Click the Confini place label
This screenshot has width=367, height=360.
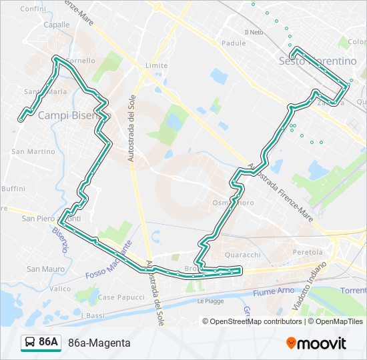(x=33, y=9)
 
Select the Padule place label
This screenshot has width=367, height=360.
(x=234, y=43)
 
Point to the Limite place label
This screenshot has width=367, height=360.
(x=156, y=65)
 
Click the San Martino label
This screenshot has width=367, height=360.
(x=33, y=151)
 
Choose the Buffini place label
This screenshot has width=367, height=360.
(x=13, y=189)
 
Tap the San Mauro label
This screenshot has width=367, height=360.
(x=45, y=269)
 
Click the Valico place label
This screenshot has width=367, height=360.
(x=60, y=289)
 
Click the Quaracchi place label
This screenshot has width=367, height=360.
(x=242, y=254)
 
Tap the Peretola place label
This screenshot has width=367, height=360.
(x=308, y=253)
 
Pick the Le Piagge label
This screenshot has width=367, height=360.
(x=210, y=301)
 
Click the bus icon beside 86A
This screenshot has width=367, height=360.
(x=30, y=343)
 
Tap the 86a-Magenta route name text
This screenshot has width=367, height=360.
(x=99, y=343)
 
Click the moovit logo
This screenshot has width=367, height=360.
(x=316, y=343)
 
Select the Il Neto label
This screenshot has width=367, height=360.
(x=254, y=32)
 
